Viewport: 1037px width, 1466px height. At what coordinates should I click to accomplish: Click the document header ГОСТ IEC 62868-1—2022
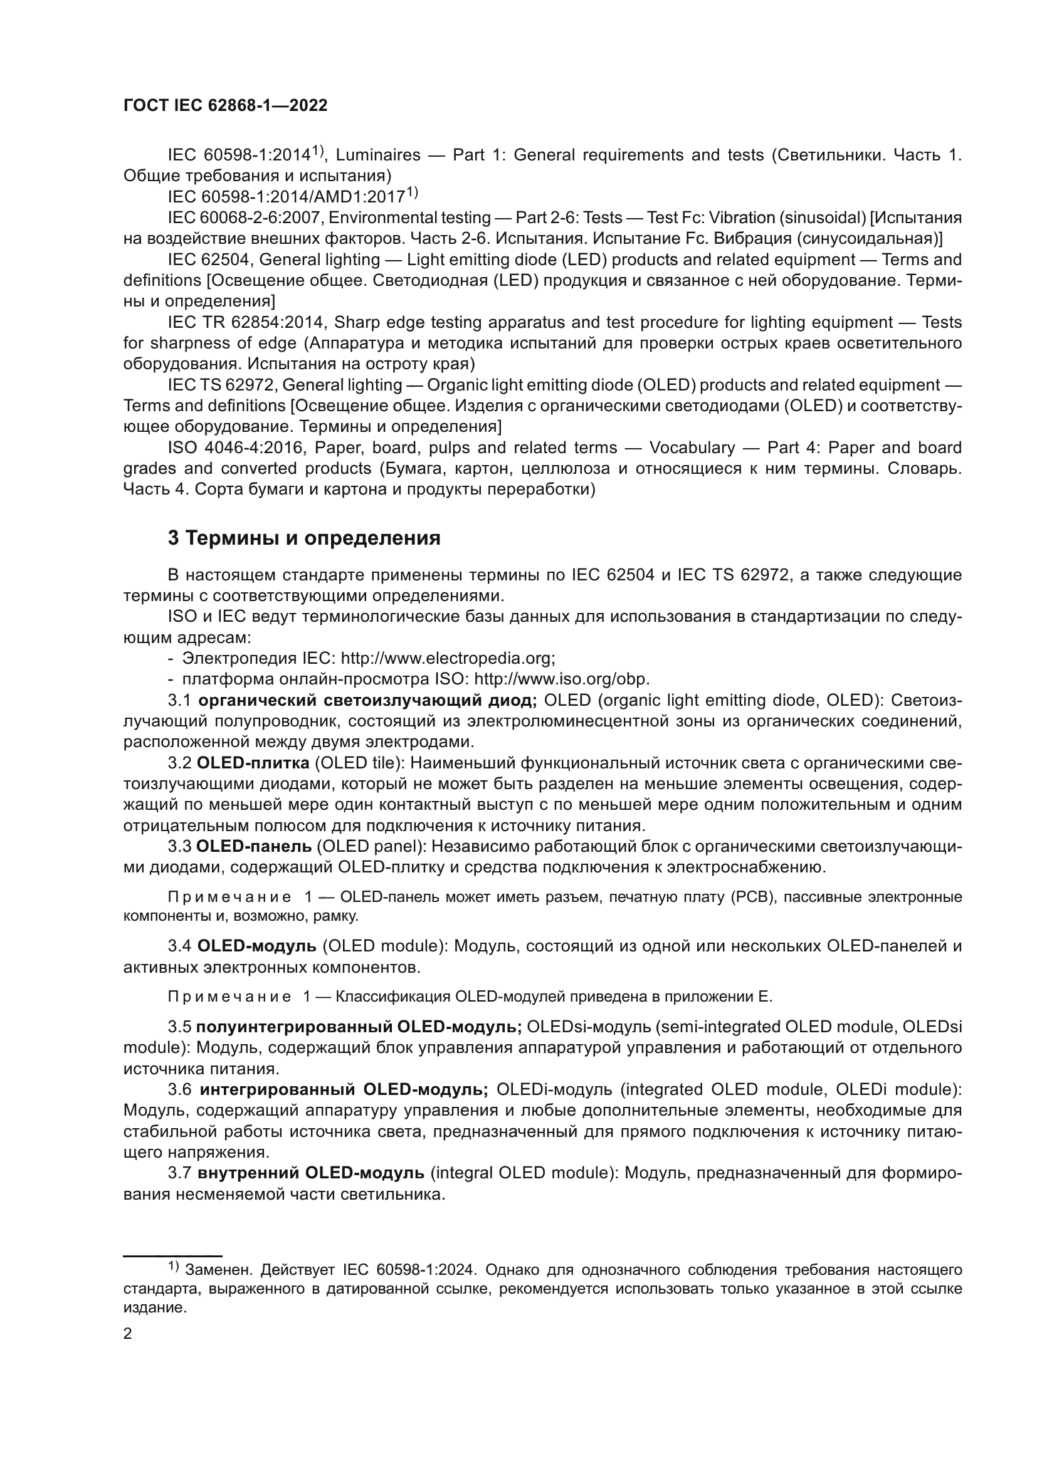(x=225, y=106)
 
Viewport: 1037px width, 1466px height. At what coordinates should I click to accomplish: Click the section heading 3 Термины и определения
(x=304, y=538)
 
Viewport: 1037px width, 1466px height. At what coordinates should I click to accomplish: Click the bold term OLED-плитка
(x=253, y=763)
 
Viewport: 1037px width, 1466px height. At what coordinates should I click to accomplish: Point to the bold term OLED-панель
(x=253, y=847)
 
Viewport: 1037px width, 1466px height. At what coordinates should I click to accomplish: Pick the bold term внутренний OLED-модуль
(x=310, y=1173)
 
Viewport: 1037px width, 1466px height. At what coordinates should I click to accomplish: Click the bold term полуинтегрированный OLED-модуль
(x=359, y=1027)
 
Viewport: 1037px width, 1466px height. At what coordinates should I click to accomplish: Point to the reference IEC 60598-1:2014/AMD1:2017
(x=287, y=197)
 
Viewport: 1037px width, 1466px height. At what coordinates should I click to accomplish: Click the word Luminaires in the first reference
(x=378, y=155)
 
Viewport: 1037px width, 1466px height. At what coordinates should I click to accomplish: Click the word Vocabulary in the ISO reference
(x=692, y=448)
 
